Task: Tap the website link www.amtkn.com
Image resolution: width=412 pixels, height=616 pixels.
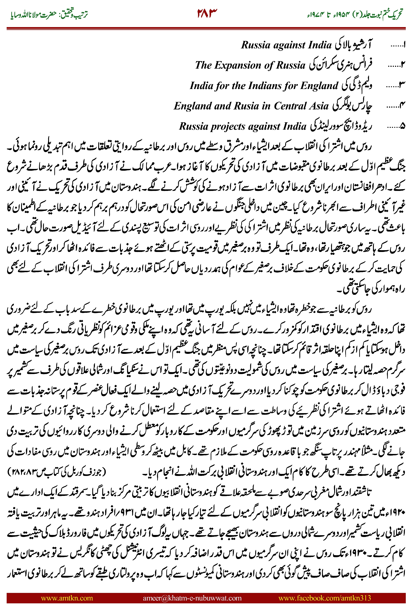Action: click(67, 598)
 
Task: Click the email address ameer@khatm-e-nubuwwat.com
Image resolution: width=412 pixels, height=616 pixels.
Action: click(192, 598)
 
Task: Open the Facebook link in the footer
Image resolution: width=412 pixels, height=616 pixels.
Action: click(324, 598)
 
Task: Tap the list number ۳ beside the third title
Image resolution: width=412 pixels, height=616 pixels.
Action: click(402, 86)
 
